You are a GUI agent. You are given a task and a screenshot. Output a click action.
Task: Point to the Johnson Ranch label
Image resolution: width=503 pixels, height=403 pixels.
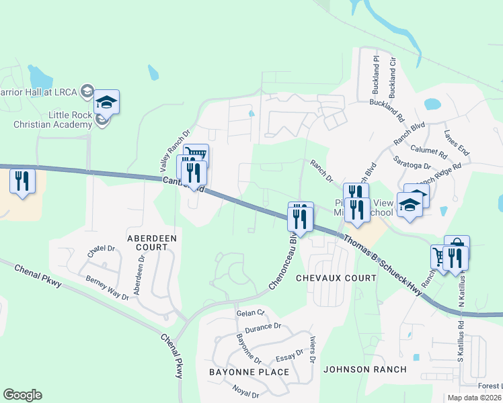(x=364, y=369)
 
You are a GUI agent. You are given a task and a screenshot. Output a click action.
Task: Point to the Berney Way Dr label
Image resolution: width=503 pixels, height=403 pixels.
(x=106, y=287)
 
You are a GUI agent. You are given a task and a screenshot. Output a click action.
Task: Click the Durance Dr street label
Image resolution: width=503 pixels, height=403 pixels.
(x=263, y=328)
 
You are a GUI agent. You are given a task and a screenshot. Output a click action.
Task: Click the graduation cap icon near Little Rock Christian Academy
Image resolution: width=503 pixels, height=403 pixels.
(x=106, y=103)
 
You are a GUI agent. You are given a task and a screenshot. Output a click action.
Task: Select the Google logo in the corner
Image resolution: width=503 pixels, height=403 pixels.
(x=22, y=395)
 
